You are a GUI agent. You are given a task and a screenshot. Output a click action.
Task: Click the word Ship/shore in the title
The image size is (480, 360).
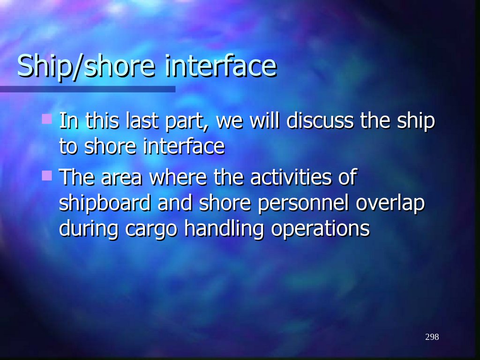(86, 66)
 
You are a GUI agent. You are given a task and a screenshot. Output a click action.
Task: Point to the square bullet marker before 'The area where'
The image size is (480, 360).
(46, 176)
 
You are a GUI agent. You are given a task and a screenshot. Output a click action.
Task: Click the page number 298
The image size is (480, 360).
(432, 337)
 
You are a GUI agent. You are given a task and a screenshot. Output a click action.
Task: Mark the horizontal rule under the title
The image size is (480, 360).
(88, 89)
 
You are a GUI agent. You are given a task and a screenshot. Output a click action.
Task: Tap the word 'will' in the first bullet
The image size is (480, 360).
(264, 121)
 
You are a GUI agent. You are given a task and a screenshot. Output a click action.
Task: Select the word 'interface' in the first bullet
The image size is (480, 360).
(184, 146)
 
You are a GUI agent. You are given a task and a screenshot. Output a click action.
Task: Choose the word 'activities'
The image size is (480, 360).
(291, 178)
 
